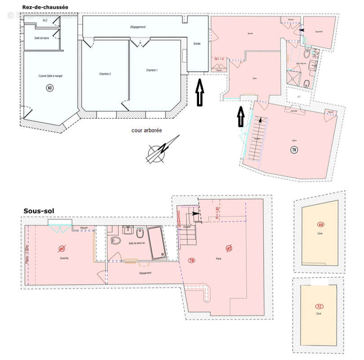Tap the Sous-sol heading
point(40,210)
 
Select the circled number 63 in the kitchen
point(49,88)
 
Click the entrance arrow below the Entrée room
point(199,93)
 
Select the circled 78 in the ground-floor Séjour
point(294,150)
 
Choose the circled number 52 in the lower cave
point(320,306)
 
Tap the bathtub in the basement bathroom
point(157,243)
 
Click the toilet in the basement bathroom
point(116,241)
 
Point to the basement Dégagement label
point(145,273)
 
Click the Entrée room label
point(197,43)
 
